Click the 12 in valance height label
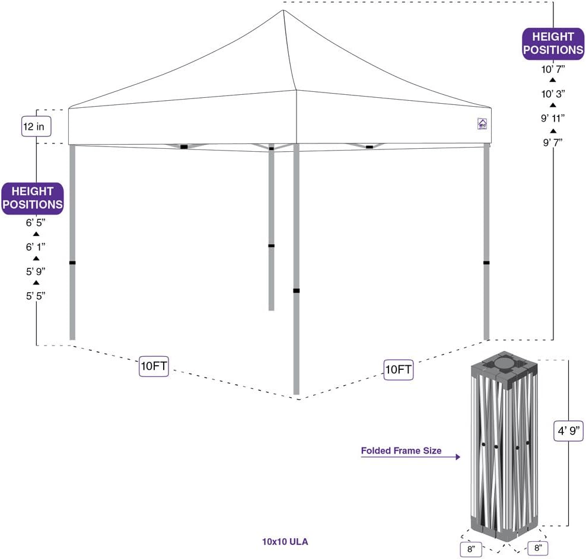36,126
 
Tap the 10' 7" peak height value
553,69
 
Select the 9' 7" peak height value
553,142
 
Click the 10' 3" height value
553,93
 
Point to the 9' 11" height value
553,117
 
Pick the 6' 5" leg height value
36,223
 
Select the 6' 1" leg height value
36,247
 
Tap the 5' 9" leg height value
36,271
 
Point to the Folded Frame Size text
402,451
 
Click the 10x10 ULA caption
285,541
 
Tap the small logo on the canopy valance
482,124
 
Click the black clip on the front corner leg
296,290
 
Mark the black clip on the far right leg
486,263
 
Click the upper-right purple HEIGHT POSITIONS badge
553,43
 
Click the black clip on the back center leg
271,245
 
